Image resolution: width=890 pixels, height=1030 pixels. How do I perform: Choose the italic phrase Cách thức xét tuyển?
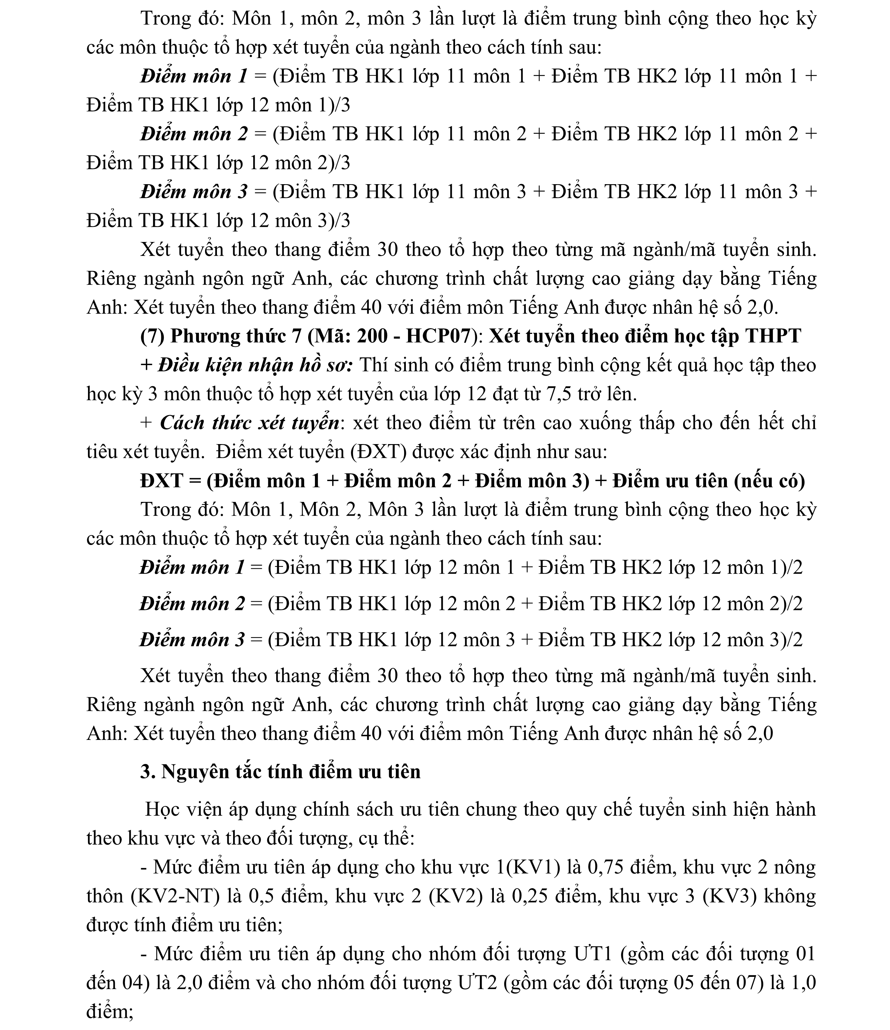coord(250,423)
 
